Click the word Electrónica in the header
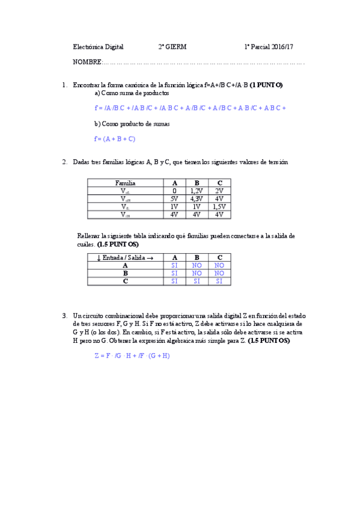click(x=88, y=46)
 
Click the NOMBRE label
click(x=87, y=62)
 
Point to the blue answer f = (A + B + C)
click(x=115, y=139)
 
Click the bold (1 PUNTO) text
click(x=266, y=85)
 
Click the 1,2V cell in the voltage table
click(x=196, y=191)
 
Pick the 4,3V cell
click(x=196, y=198)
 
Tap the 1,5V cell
click(x=219, y=206)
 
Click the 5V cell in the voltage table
click(x=174, y=198)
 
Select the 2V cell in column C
click(x=219, y=191)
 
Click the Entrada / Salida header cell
click(x=125, y=257)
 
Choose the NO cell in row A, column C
click(x=219, y=265)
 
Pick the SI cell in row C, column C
click(x=219, y=281)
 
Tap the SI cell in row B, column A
click(x=174, y=273)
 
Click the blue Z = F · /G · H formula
click(x=132, y=355)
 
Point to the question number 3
click(x=64, y=316)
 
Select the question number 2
click(x=64, y=162)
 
